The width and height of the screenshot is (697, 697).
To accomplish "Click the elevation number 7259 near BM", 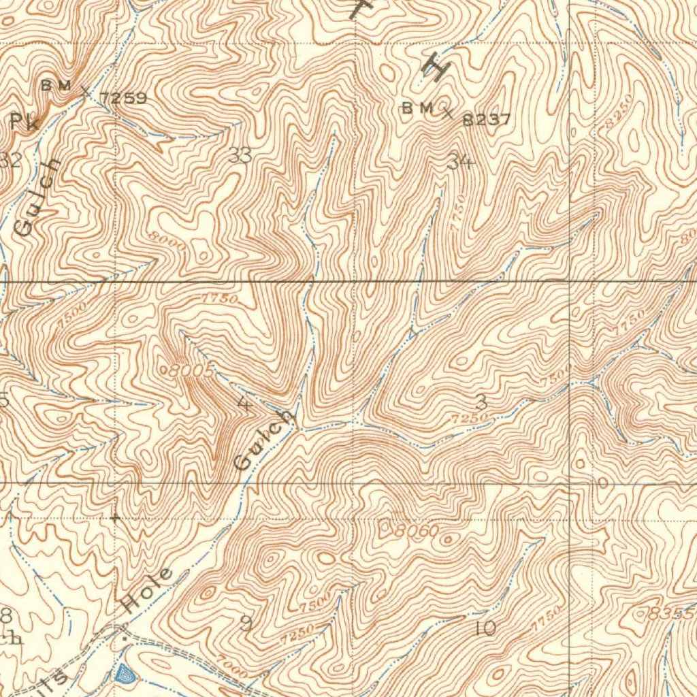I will [x=123, y=98].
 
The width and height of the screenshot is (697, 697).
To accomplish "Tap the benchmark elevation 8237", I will [x=486, y=120].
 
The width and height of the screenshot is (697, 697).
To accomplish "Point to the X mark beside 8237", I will [x=447, y=112].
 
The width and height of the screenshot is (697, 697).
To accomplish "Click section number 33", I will [x=240, y=156].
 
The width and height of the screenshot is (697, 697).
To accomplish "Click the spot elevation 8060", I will [x=417, y=530].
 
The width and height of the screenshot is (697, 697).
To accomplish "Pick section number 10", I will [x=486, y=628].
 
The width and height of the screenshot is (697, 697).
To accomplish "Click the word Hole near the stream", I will [x=148, y=589].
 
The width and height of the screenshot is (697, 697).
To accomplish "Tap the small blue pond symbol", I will [x=125, y=675].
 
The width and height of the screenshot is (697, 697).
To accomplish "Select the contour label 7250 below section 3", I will [x=469, y=417].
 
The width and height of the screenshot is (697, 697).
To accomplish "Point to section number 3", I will [x=481, y=400].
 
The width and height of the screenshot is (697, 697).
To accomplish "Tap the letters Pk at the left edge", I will [x=25, y=121].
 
